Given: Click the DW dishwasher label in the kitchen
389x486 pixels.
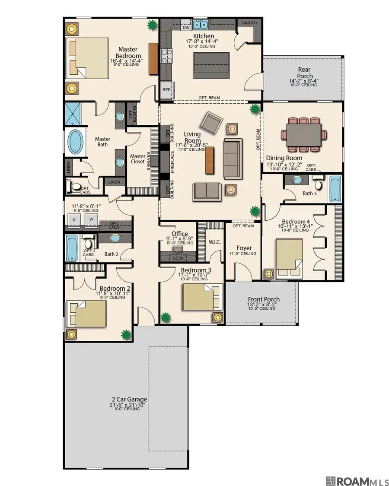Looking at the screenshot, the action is tap(186, 28).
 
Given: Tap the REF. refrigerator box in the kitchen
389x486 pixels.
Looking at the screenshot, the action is tap(167, 90).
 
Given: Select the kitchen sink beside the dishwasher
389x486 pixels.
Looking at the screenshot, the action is tap(200, 24).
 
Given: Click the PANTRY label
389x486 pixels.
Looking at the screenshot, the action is tap(250, 23).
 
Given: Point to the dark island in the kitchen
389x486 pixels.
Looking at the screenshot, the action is tap(211, 65).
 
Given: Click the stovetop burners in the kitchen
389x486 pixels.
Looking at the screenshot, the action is tap(166, 56).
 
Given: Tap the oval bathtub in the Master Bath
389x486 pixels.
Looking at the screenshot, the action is tap(76, 142).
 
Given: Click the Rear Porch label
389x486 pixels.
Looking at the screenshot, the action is tap(305, 73).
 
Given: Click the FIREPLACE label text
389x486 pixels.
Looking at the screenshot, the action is tap(172, 162).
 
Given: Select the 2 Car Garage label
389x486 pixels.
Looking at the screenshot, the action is tap(129, 400).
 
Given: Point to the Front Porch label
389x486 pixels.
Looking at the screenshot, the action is tap(264, 299).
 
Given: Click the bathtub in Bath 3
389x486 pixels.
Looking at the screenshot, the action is tap(336, 189).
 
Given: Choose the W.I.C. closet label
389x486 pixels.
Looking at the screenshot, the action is tap(215, 242).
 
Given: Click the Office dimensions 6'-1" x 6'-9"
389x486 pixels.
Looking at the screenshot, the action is tap(180, 238).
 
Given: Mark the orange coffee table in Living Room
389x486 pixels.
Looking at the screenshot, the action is tap(210, 160).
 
